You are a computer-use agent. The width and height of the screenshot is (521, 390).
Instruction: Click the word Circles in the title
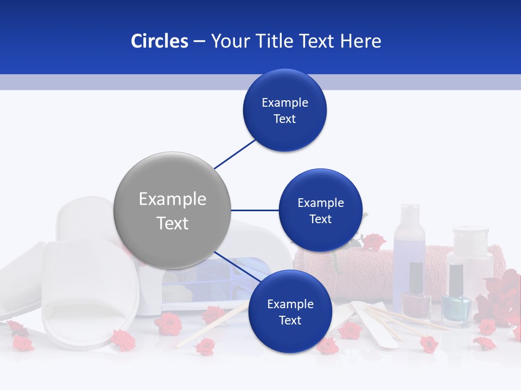click(x=159, y=41)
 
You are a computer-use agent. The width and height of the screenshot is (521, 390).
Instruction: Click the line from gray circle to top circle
click(x=235, y=153)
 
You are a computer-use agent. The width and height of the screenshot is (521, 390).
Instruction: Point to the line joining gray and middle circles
click(x=255, y=210)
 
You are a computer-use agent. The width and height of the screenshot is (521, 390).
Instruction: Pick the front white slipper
click(x=87, y=292)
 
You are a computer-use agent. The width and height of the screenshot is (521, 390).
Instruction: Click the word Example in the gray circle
click(x=173, y=199)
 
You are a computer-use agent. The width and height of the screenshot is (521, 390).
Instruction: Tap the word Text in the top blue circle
click(x=285, y=119)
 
